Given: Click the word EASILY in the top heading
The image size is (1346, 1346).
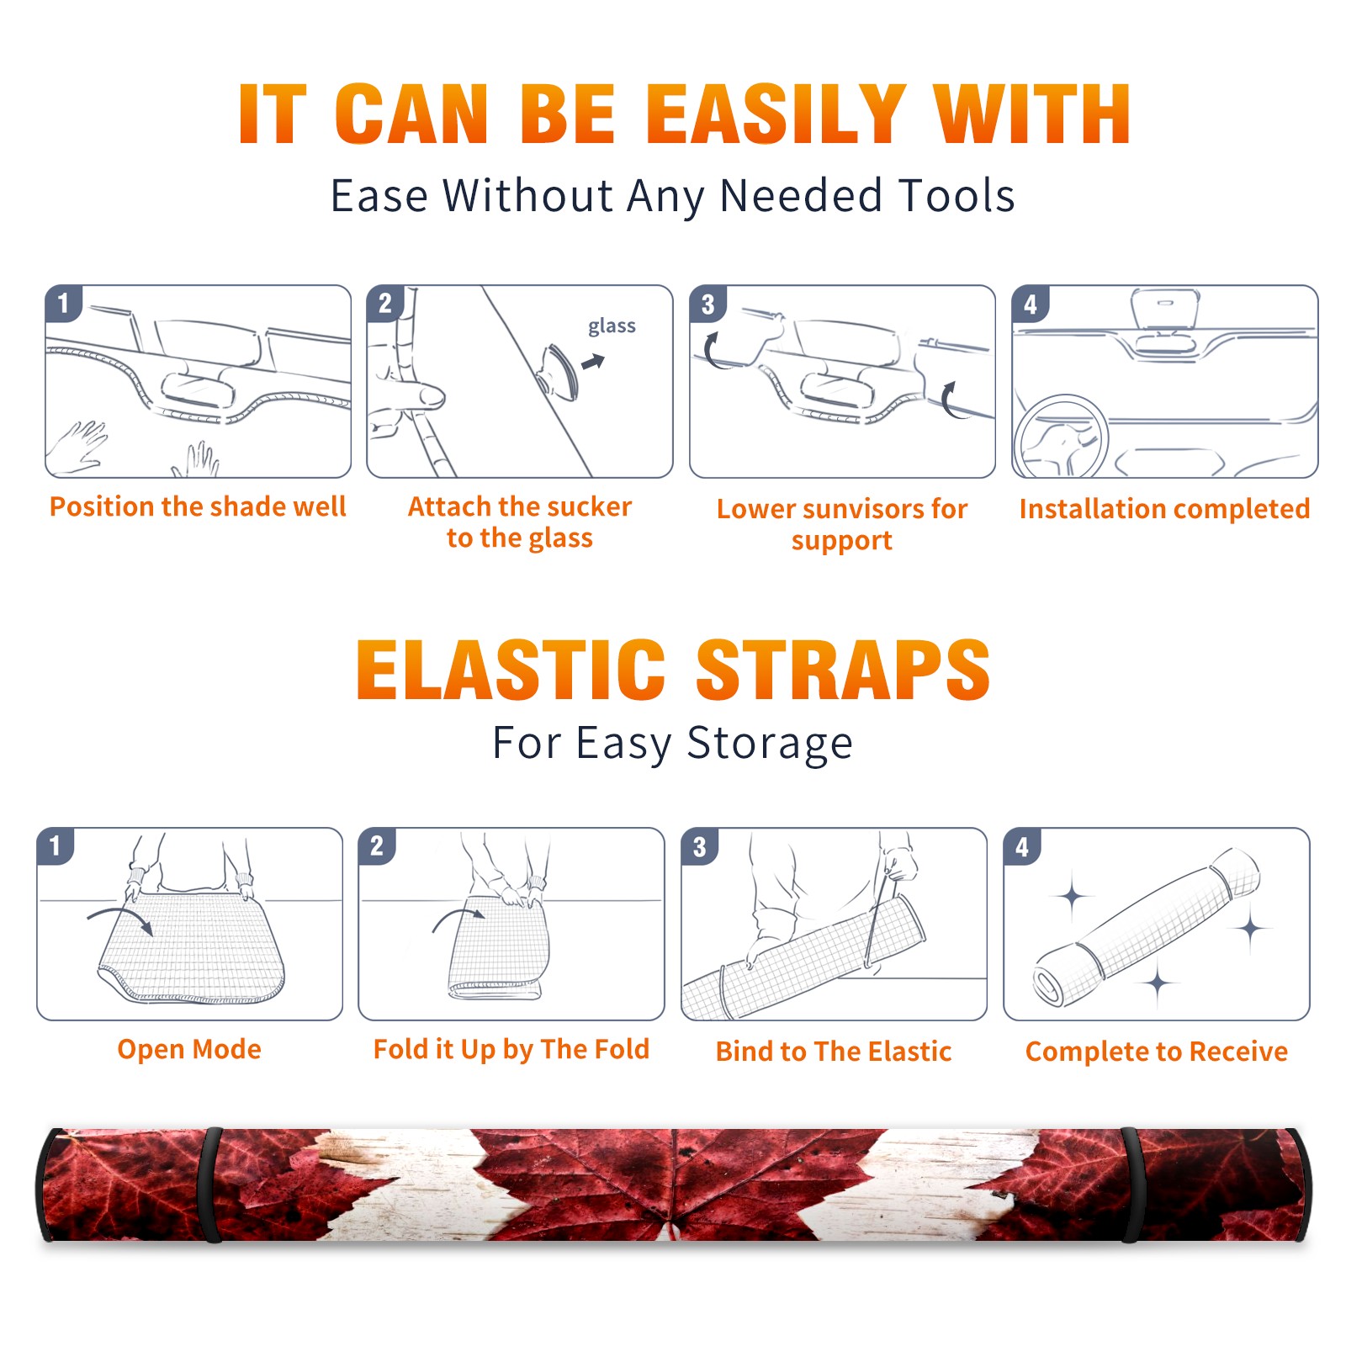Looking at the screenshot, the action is [x=776, y=114].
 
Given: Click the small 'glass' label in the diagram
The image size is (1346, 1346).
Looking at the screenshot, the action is [x=612, y=326].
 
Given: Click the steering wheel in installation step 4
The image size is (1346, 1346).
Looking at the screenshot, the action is [x=1061, y=437].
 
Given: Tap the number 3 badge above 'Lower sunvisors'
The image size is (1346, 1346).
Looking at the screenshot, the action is [x=707, y=304].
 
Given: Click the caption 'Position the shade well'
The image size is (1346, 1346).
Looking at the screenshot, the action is [x=198, y=506].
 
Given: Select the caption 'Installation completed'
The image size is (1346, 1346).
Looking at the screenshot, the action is [x=1164, y=509].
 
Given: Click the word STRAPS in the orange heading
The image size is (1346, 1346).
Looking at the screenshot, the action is [x=843, y=670].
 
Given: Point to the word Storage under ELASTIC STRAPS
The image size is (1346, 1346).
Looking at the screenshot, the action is [x=770, y=744].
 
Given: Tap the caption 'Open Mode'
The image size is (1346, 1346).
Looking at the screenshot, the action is [x=189, y=1049].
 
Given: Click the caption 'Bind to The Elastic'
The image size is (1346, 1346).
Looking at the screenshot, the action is [x=834, y=1052].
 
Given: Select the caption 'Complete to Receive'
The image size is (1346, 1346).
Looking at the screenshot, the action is [x=1157, y=1052].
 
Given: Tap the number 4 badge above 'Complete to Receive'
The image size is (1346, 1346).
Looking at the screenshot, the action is [x=1022, y=846].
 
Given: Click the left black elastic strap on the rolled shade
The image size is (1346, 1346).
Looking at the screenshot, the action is [x=210, y=1184].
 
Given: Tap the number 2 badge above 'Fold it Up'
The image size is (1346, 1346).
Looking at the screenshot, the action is [x=377, y=846].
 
